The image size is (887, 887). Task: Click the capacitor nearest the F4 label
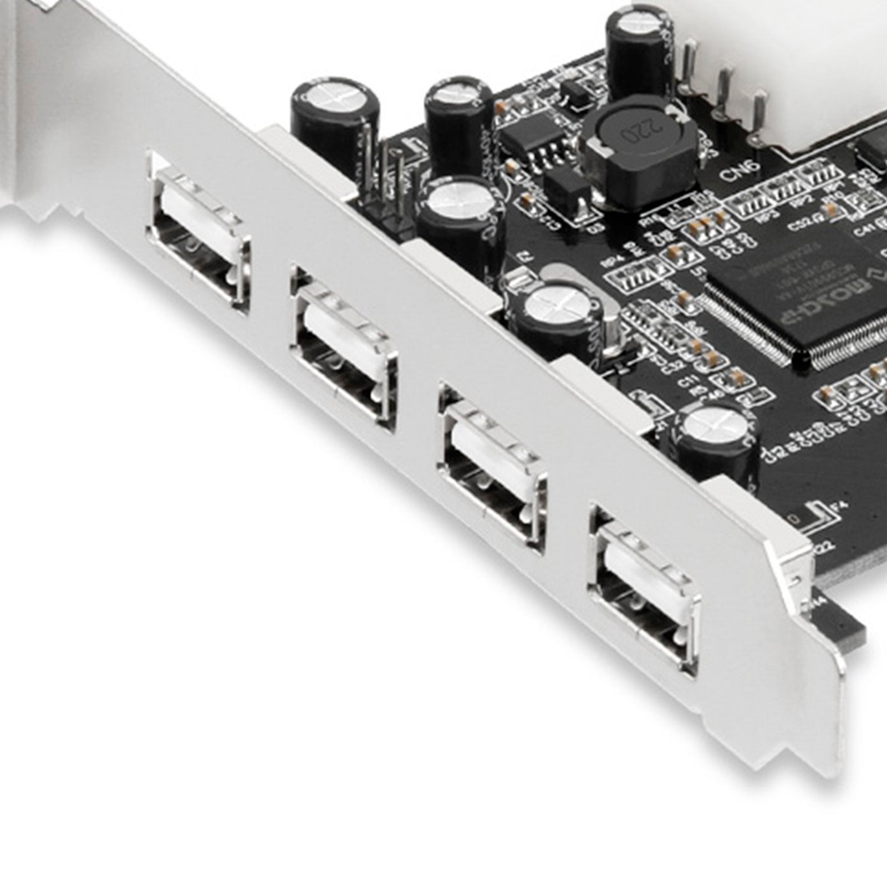point(715,443)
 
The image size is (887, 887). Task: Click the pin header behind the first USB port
point(388,183)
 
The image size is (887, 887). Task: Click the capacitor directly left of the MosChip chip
point(560,316)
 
